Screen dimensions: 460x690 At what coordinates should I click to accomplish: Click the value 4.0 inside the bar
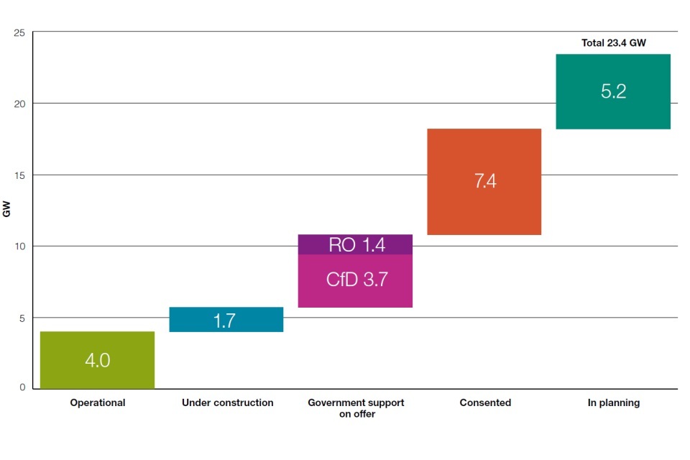pyautogui.click(x=98, y=360)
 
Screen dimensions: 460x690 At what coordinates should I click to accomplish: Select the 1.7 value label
pyautogui.click(x=225, y=321)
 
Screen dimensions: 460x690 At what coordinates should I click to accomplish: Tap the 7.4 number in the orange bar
pyautogui.click(x=485, y=181)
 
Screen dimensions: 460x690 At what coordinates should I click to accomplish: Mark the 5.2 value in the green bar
pyautogui.click(x=613, y=91)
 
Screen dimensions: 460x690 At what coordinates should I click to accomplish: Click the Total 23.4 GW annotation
pyautogui.click(x=613, y=43)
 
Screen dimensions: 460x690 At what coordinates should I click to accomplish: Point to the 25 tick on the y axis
pyautogui.click(x=20, y=32)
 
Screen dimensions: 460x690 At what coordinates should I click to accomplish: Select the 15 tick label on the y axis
pyautogui.click(x=20, y=175)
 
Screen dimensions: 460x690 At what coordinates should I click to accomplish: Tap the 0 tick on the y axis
pyautogui.click(x=22, y=388)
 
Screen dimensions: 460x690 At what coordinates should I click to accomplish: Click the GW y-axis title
pyautogui.click(x=7, y=210)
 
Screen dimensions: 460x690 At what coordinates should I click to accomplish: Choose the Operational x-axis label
pyautogui.click(x=98, y=403)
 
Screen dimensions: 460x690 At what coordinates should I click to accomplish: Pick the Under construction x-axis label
pyautogui.click(x=227, y=403)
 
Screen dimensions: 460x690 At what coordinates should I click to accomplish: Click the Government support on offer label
pyautogui.click(x=356, y=408)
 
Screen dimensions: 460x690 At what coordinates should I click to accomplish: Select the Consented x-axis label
pyautogui.click(x=485, y=403)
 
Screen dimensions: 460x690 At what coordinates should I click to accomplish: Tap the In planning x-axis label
pyautogui.click(x=613, y=403)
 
